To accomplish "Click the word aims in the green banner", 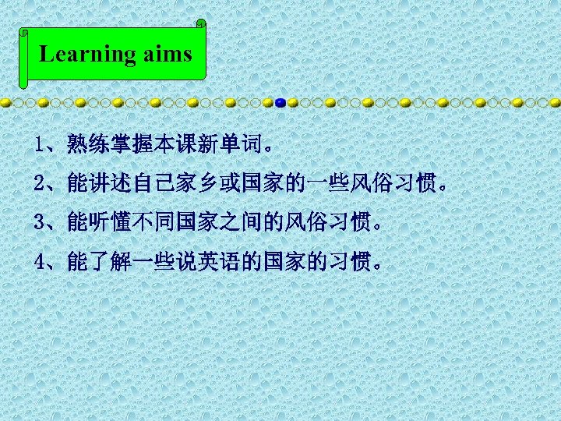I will pyautogui.click(x=166, y=54).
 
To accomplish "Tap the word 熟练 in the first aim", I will pyautogui.click(x=86, y=144).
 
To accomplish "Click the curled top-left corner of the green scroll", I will pyautogui.click(x=24, y=34).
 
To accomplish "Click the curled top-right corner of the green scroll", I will pyautogui.click(x=202, y=25).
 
